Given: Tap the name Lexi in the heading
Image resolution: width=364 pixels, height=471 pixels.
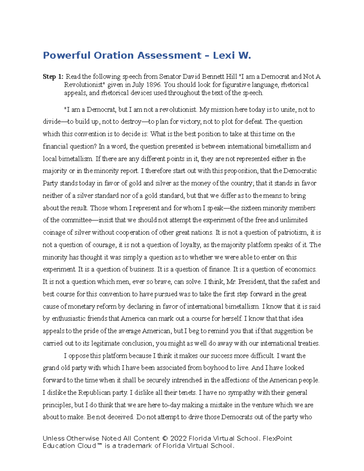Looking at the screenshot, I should point(224,56).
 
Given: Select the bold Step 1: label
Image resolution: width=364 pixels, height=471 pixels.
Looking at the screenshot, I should point(53,77).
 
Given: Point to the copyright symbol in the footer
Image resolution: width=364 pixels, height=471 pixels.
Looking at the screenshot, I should point(165,439).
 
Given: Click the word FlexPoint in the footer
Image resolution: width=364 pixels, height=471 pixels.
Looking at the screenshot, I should point(277,439).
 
